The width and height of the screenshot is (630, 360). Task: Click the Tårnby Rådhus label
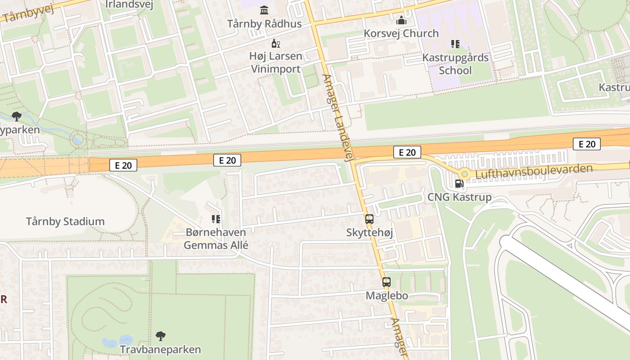click(264, 24)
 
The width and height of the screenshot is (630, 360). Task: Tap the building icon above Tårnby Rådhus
click(264, 10)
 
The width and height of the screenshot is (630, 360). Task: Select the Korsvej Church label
click(401, 33)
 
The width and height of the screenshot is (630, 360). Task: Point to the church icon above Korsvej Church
click(401, 20)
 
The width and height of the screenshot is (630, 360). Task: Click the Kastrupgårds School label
click(455, 64)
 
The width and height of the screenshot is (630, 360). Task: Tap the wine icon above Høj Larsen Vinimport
click(275, 44)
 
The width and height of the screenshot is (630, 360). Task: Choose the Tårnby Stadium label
click(65, 221)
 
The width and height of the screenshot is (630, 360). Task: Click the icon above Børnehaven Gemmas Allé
click(216, 219)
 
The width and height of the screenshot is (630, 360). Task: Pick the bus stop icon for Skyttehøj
click(369, 219)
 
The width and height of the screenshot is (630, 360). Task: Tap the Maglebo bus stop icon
click(387, 282)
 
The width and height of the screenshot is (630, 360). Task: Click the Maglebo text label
click(387, 296)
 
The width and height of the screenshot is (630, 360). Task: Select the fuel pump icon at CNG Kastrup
click(459, 184)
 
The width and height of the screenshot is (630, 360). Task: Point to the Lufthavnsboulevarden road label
click(534, 171)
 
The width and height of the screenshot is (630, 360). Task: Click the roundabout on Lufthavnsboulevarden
click(464, 174)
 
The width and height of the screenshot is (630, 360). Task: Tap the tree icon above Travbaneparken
click(160, 336)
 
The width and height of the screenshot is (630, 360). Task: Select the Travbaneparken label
click(160, 350)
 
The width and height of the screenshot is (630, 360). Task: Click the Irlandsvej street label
click(129, 5)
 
